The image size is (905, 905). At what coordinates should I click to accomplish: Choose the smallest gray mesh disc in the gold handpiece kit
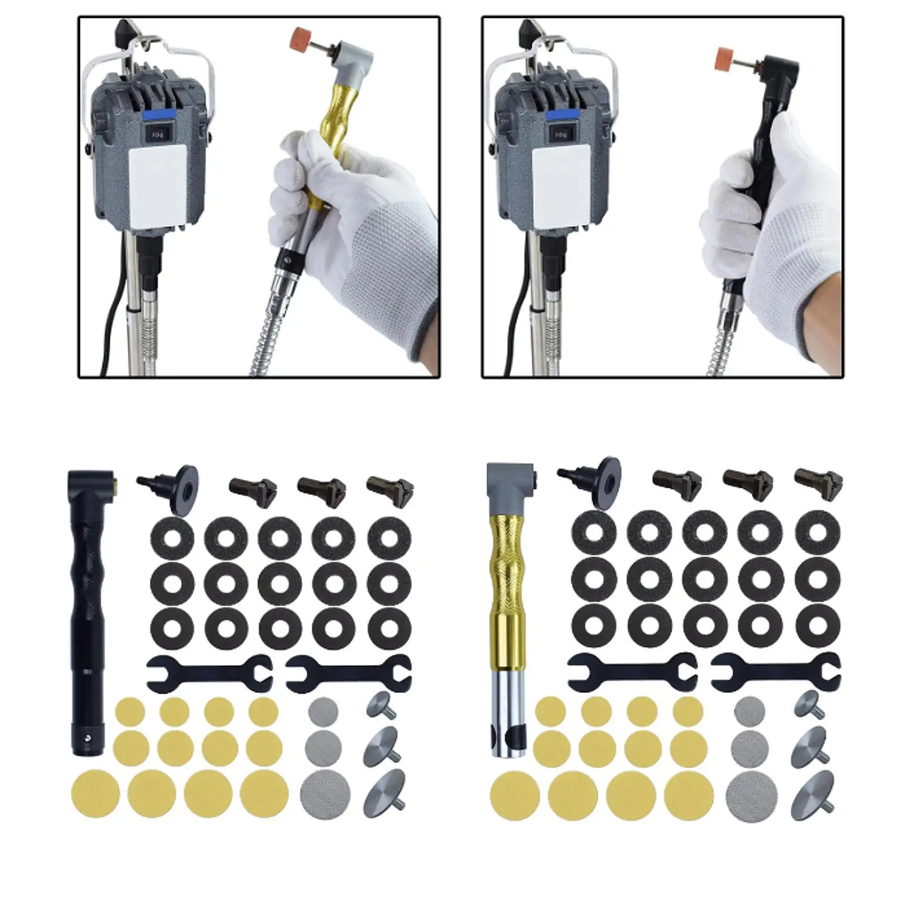tap(749, 711)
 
